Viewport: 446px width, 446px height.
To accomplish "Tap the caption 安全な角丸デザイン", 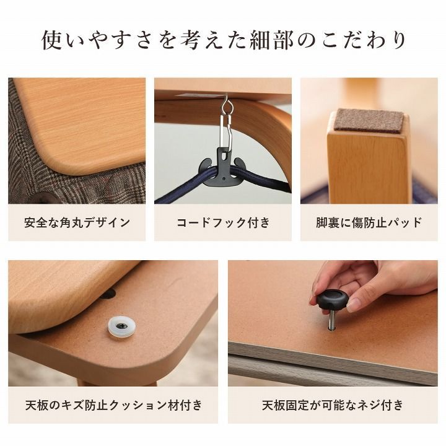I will pos(77,222).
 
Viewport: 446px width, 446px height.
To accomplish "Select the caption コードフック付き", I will pos(223,222).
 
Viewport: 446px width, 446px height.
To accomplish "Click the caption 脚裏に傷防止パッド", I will pos(369,222).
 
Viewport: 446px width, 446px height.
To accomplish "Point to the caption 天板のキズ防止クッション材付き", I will pos(113,406).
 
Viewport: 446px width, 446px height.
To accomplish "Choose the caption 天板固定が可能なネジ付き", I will pos(333,406).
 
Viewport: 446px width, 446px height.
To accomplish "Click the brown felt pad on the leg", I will pos(368,121).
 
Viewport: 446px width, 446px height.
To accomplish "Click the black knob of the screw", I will pos(335,300).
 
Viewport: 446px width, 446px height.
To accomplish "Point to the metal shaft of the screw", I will pos(332,320).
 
